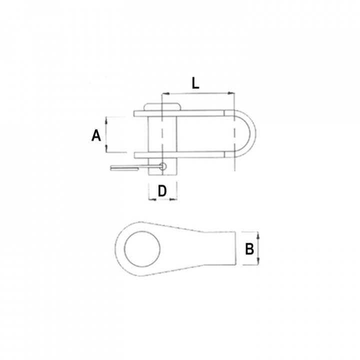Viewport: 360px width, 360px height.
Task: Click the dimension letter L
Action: click(x=195, y=83)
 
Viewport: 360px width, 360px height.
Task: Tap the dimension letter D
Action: click(x=162, y=190)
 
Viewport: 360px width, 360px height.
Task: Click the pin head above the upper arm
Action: click(x=162, y=107)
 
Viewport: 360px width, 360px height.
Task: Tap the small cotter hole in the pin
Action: click(x=162, y=166)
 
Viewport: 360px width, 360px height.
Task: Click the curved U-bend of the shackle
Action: click(x=249, y=134)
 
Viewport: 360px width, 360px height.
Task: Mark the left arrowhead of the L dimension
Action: click(x=164, y=93)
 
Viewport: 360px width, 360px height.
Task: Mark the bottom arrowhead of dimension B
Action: click(x=258, y=263)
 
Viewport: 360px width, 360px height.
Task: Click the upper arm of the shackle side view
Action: click(x=200, y=113)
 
